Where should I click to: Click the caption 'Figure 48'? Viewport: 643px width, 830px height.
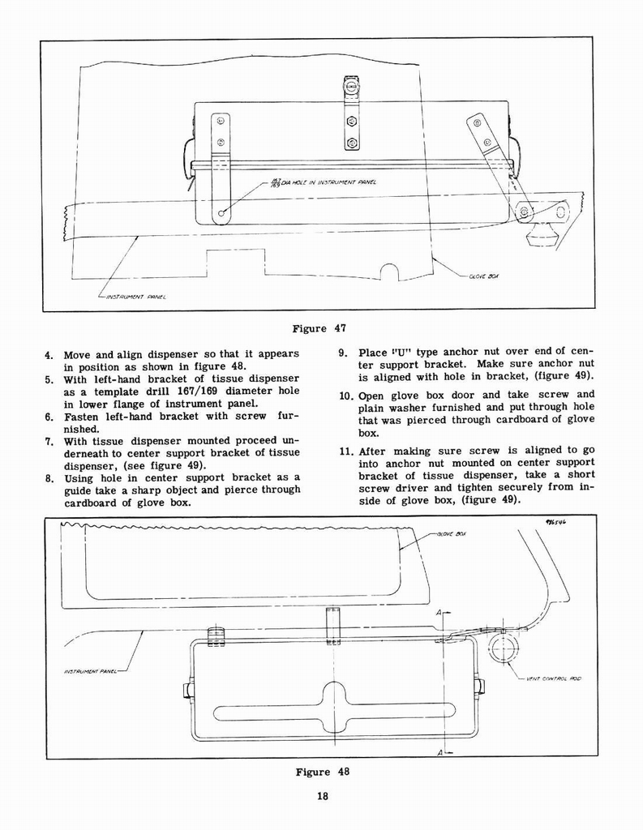tap(323, 772)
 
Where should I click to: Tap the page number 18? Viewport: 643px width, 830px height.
tap(322, 796)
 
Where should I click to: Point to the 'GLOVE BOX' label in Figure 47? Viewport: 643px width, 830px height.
tap(485, 276)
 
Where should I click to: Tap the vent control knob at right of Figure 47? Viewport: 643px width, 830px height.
tap(542, 236)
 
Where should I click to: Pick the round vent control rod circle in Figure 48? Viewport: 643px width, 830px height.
tap(504, 648)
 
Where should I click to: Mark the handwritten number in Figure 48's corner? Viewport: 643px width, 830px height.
tap(555, 523)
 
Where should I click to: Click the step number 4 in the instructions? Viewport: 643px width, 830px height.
tap(49, 355)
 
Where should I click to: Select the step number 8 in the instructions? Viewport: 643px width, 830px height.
tap(49, 477)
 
